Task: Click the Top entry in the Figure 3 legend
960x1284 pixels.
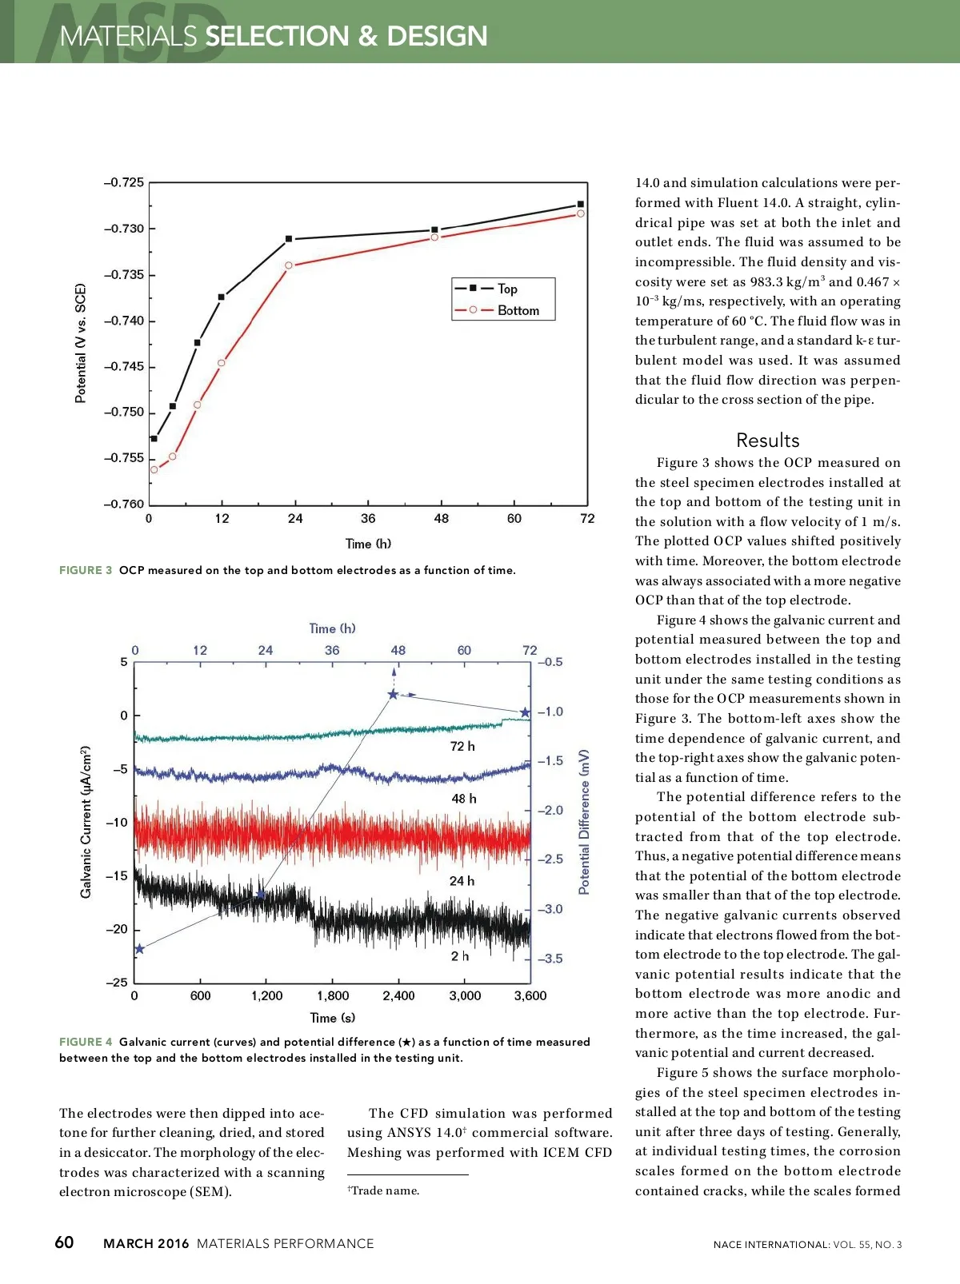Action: [507, 289]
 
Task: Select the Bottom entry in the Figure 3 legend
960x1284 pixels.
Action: [518, 310]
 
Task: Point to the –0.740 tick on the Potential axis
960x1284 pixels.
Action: [124, 321]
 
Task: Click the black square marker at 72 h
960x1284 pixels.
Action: [581, 205]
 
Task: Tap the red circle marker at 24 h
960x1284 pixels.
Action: [289, 265]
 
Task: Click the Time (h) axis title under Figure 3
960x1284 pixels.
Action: [368, 544]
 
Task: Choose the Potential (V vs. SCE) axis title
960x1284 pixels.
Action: [80, 343]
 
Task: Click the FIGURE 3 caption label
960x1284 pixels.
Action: [86, 570]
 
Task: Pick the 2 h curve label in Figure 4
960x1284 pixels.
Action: [460, 956]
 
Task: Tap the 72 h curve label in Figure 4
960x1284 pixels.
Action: [462, 746]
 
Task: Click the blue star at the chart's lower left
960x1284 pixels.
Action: [139, 949]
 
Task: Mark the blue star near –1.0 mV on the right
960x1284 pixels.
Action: [525, 712]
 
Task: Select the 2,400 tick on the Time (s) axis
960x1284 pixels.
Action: [398, 996]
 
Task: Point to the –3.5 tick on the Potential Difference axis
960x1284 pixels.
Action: [550, 959]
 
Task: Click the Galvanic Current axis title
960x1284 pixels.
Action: [86, 822]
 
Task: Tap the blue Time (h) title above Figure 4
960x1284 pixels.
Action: [332, 628]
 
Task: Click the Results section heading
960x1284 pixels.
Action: [767, 441]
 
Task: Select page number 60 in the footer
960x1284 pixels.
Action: [64, 1242]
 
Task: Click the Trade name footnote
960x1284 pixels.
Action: [384, 1190]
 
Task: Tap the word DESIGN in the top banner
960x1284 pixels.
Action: [437, 36]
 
